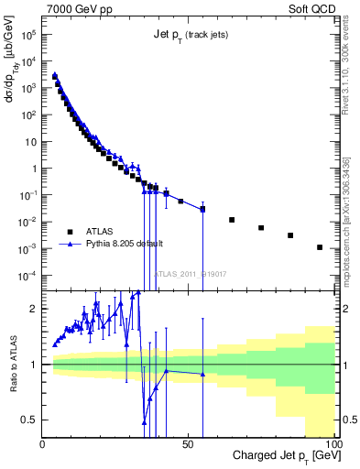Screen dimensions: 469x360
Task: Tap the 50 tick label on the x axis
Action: tap(189, 442)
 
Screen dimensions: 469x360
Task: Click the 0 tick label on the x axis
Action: tap(43, 442)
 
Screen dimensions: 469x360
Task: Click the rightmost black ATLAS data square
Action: tap(320, 247)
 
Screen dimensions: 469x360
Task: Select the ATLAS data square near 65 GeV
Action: tap(232, 220)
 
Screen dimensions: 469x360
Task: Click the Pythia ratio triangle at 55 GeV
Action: tap(202, 374)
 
